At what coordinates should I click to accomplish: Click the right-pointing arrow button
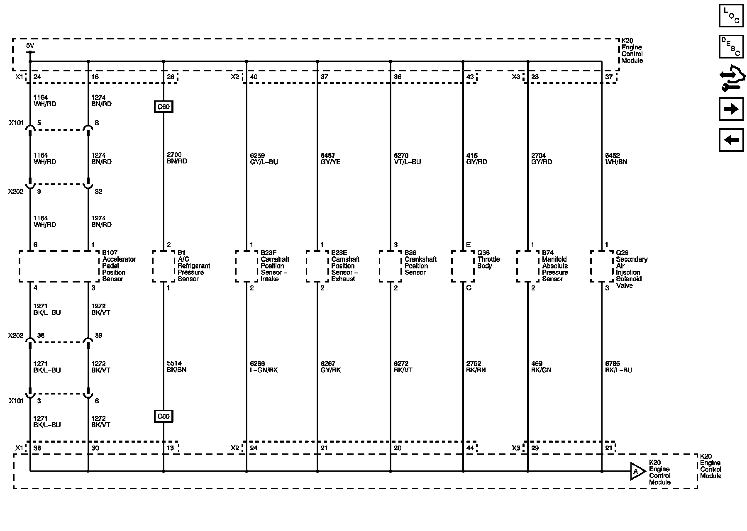[x=731, y=109]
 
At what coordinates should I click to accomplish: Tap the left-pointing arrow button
[x=731, y=140]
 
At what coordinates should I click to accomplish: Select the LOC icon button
[x=731, y=16]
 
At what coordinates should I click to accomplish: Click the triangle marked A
[x=637, y=471]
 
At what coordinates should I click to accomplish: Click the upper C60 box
[x=163, y=107]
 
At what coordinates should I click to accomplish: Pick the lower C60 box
[x=163, y=416]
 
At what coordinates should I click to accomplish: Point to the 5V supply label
[x=30, y=46]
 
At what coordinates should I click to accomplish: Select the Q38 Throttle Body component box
[x=463, y=266]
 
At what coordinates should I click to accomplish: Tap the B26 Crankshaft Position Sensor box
[x=390, y=266]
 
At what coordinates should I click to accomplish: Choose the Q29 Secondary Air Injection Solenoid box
[x=602, y=266]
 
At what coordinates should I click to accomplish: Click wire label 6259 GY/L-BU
[x=264, y=159]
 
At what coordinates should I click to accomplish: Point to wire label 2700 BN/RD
[x=177, y=158]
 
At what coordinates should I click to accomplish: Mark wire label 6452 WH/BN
[x=616, y=159]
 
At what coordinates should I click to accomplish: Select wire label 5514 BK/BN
[x=177, y=366]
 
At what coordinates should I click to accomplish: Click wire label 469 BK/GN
[x=541, y=367]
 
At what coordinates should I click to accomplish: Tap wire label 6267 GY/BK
[x=330, y=367]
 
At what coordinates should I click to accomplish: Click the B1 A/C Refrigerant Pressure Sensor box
[x=163, y=266]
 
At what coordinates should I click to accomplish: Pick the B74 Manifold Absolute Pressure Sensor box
[x=527, y=266]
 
